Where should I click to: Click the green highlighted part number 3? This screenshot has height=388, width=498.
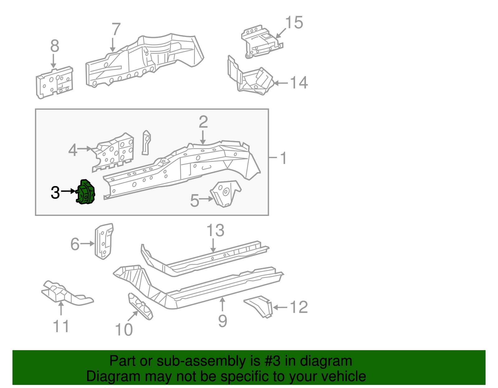point(86,193)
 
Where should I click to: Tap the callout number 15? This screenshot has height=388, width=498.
point(294,23)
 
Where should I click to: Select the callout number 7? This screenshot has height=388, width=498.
point(116,30)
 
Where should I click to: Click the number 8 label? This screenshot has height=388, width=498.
point(54,46)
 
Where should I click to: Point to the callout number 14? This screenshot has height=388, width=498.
point(299,83)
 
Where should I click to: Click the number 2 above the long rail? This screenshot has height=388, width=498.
point(203,122)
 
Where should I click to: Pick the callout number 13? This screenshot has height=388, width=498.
point(215,231)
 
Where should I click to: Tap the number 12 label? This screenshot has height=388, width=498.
point(299,308)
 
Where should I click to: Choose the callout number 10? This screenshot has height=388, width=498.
point(124,330)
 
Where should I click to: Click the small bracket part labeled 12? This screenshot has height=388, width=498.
point(260,306)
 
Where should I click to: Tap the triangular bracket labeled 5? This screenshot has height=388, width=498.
point(226,194)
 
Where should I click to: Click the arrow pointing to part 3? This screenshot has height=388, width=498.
point(68,191)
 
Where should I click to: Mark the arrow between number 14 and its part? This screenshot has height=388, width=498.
point(280,83)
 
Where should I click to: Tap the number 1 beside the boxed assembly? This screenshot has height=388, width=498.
point(283,158)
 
